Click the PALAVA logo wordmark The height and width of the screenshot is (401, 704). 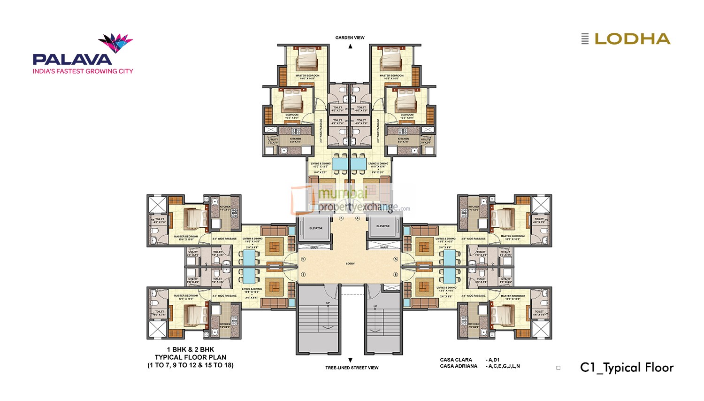pyautogui.click(x=72, y=59)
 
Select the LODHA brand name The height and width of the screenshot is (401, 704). pyautogui.click(x=632, y=39)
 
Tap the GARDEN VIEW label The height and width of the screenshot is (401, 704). pyautogui.click(x=350, y=38)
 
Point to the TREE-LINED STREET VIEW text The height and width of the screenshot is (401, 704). pyautogui.click(x=352, y=368)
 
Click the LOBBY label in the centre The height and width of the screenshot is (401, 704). pyautogui.click(x=350, y=263)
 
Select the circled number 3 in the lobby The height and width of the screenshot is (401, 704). pyautogui.click(x=341, y=218)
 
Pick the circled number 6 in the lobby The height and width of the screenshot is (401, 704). pyautogui.click(x=396, y=275)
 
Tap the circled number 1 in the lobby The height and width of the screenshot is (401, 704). pyautogui.click(x=303, y=275)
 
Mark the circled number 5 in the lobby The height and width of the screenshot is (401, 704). pyautogui.click(x=396, y=259)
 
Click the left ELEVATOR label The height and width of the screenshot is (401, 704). pyautogui.click(x=316, y=228)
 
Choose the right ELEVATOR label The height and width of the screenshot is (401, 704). pyautogui.click(x=383, y=226)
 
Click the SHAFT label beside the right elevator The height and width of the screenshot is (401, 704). pyautogui.click(x=384, y=247)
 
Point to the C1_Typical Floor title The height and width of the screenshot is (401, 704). pyautogui.click(x=627, y=368)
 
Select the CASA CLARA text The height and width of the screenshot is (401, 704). pyautogui.click(x=456, y=360)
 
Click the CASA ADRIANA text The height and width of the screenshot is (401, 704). pyautogui.click(x=459, y=366)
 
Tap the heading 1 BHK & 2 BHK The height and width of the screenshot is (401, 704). pyautogui.click(x=191, y=349)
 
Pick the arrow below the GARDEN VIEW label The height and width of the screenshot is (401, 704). pyautogui.click(x=350, y=46)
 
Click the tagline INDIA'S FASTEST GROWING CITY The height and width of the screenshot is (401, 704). pyautogui.click(x=83, y=71)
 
